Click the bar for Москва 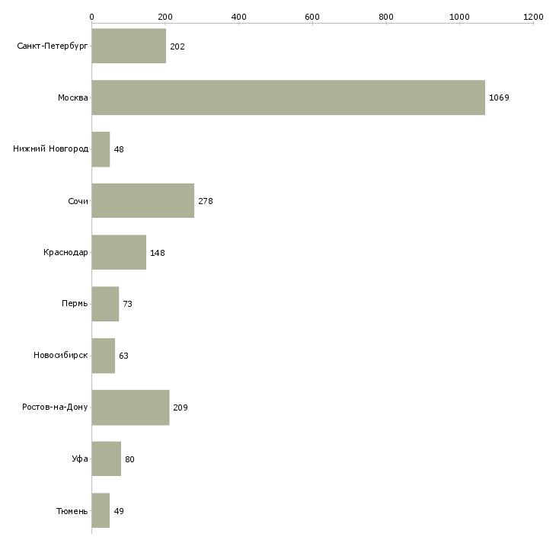coord(288,97)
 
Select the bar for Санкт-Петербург coord(129,46)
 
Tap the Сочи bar coord(142,201)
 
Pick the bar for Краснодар coord(119,252)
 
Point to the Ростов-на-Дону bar coord(130,407)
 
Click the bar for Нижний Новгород coord(101,149)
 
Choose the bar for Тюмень coord(101,510)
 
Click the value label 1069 coord(499,98)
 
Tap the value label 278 coord(206,201)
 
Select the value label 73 coord(128,304)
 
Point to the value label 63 coord(124,356)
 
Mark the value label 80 coord(129,459)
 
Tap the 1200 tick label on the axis coord(533,17)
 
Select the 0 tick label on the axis coord(91,17)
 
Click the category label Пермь coord(75,304)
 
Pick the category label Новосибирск coord(61,356)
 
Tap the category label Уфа coord(80,459)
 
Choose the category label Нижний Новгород coord(50,149)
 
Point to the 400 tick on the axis coord(238,17)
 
